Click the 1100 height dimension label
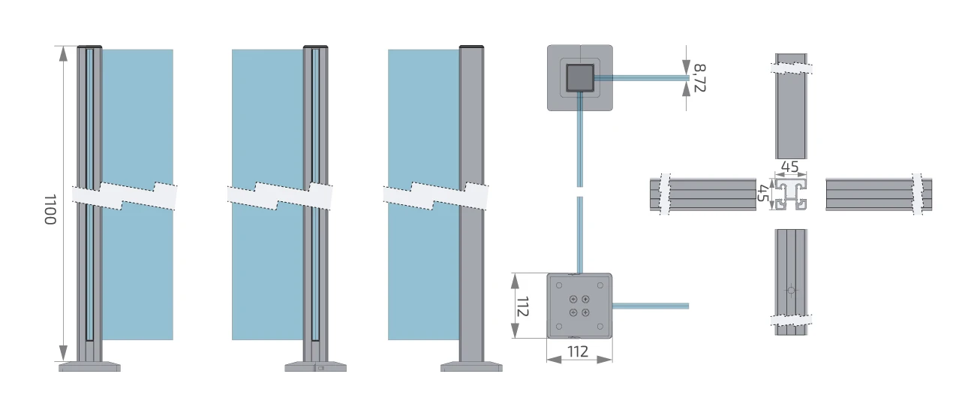coord(50,210)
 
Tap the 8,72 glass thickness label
coord(700,78)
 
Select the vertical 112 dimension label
coord(523,306)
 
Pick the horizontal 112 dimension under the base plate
coord(579,352)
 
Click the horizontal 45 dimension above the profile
coord(789,167)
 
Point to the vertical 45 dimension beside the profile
coord(763,194)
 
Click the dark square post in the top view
coord(579,77)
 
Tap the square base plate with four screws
coord(579,306)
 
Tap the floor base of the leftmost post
coord(89,366)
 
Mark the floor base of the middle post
coord(315,367)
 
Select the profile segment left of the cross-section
coord(702,194)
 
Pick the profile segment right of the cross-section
coord(878,194)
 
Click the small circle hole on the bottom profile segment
coord(790,289)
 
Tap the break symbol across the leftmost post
coord(125,194)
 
